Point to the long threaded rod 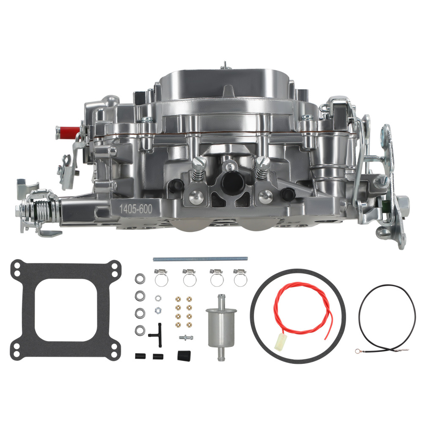[200, 258]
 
